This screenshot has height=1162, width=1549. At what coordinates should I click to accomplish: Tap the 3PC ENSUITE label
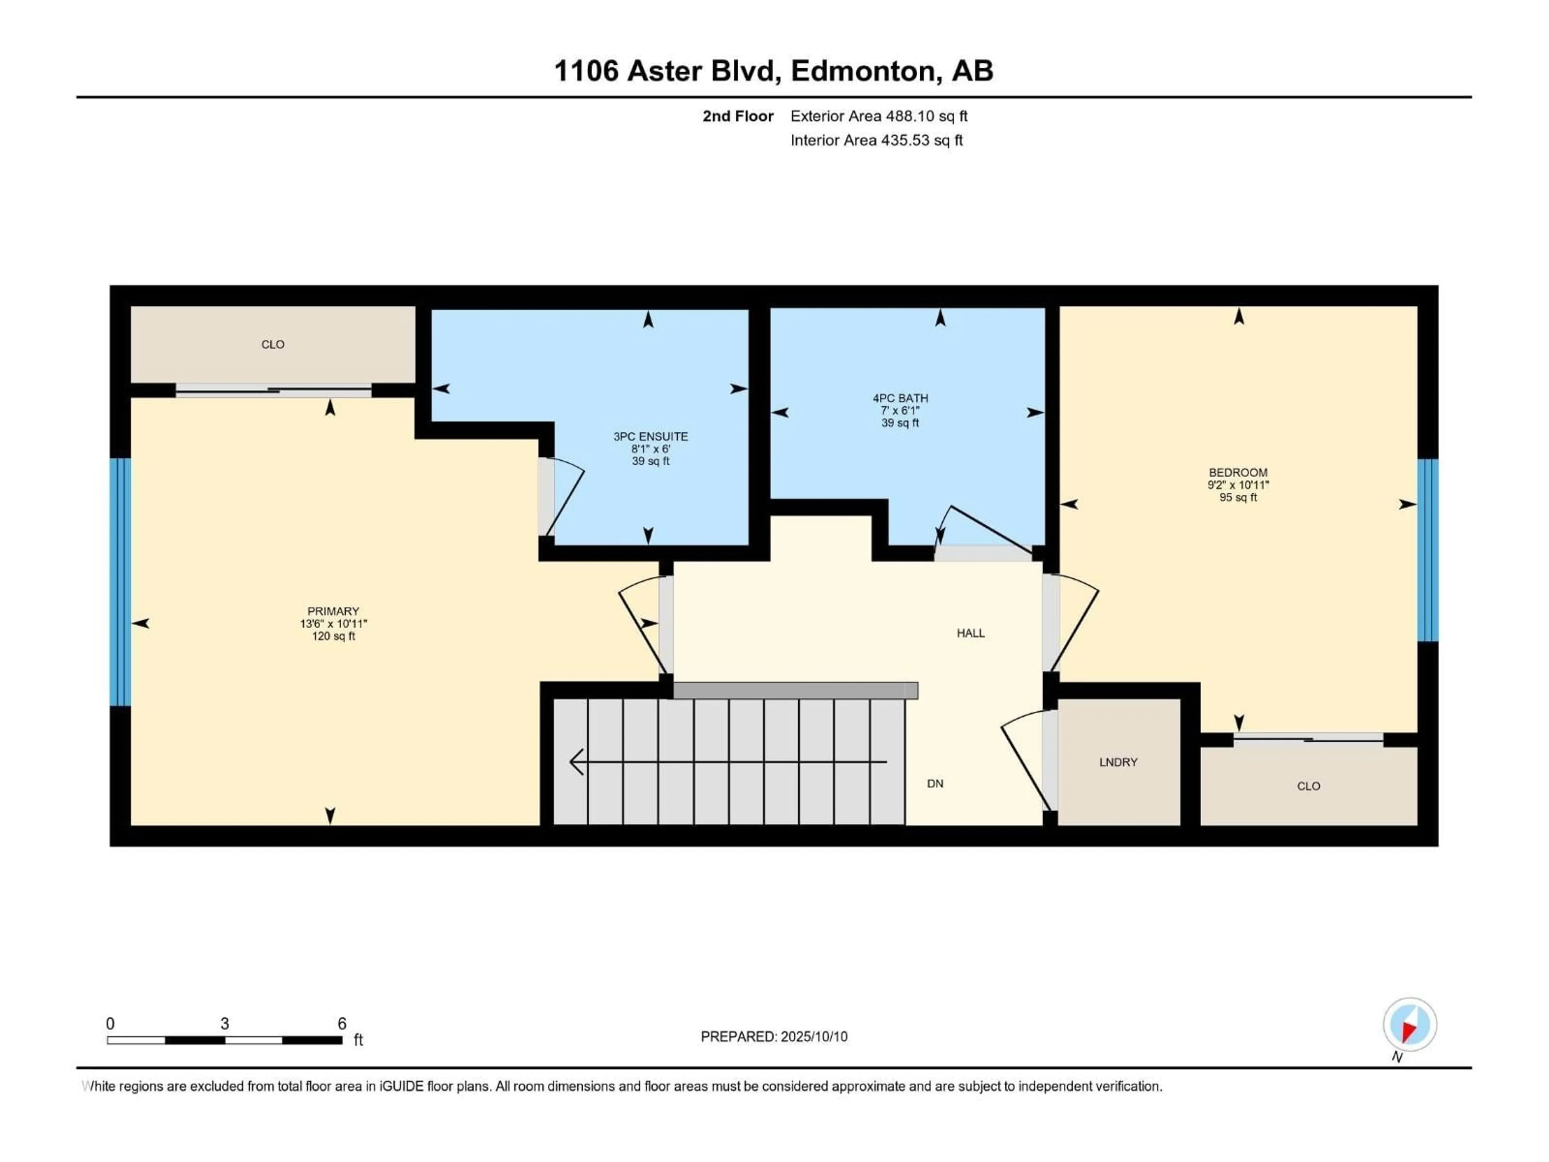651,437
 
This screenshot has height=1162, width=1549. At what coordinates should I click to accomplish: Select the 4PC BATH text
900,398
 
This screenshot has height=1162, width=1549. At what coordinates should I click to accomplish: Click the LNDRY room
1118,762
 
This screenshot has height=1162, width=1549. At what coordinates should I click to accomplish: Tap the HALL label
971,633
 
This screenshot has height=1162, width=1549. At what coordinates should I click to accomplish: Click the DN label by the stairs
935,784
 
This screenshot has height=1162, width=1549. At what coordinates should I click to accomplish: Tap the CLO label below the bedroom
1308,786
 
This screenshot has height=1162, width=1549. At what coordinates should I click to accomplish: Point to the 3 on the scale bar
225,1023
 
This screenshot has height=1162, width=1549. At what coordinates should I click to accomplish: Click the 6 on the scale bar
342,1023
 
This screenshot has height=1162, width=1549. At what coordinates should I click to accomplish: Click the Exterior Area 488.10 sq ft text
879,116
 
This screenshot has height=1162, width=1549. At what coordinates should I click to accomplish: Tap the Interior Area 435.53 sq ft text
876,140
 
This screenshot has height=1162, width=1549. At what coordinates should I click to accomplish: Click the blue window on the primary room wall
121,581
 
